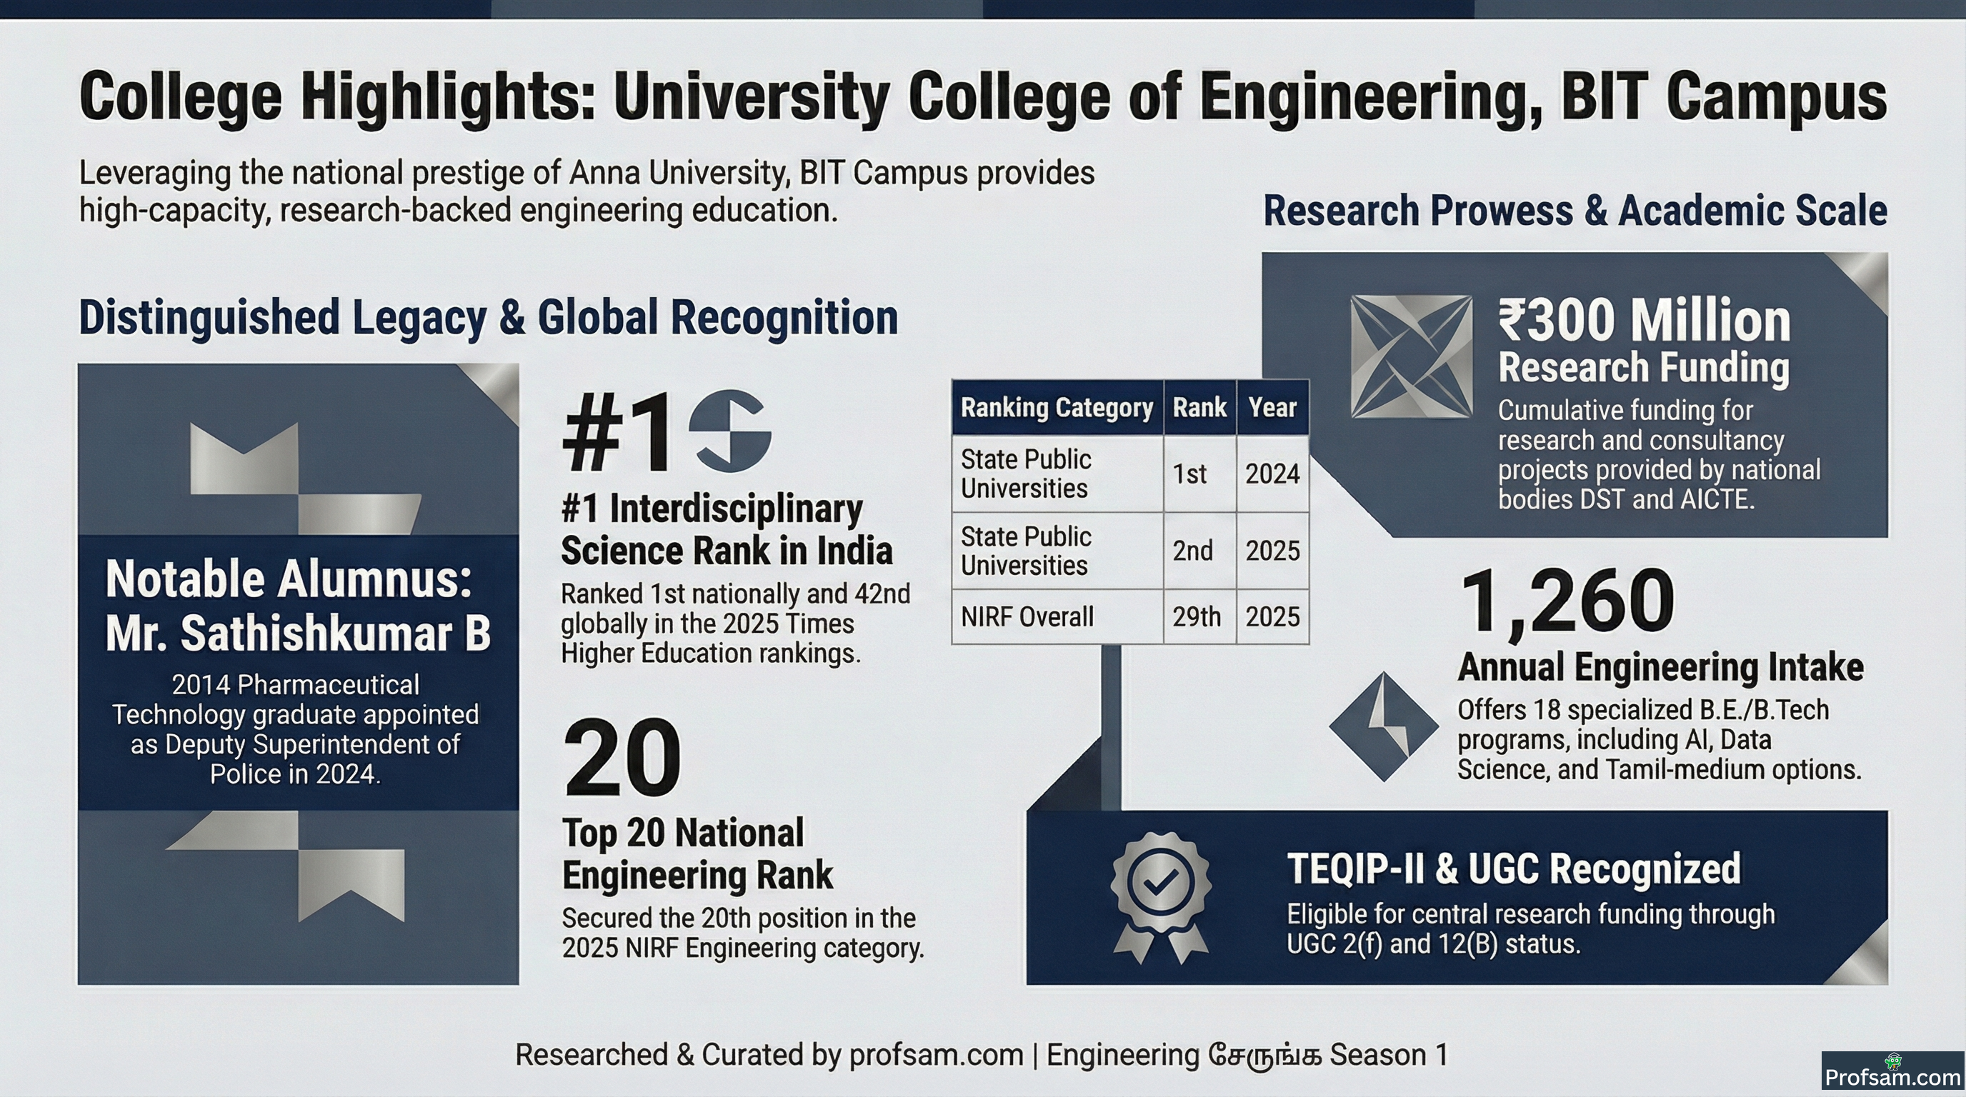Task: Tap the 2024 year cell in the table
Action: click(x=1272, y=474)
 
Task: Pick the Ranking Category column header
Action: click(x=1057, y=407)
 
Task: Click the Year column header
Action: click(x=1272, y=407)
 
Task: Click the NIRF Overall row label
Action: click(x=1027, y=616)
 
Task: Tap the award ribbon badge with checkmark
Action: click(x=1160, y=897)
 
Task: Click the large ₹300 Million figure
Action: click(x=1644, y=321)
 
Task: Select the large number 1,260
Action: click(x=1567, y=601)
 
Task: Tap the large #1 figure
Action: click(x=617, y=432)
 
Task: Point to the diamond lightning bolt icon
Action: click(x=1384, y=726)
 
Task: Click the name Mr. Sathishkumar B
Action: click(x=298, y=633)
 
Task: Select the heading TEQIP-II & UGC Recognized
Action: click(x=1515, y=869)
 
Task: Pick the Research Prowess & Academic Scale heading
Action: click(x=1575, y=211)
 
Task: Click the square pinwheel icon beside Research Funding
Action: click(x=1411, y=356)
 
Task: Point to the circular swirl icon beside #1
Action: click(x=730, y=431)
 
